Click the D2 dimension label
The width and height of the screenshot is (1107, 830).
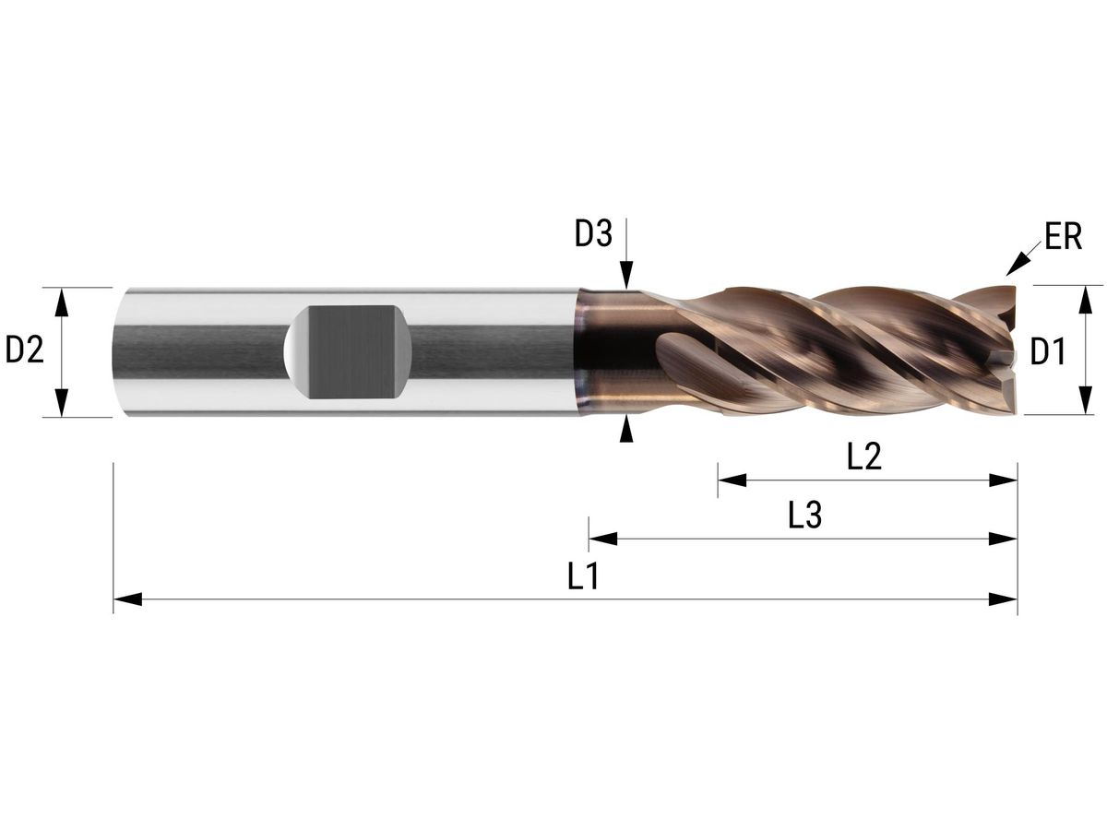point(25,350)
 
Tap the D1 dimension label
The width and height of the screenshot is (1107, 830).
point(1048,351)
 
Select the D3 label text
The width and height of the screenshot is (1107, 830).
point(593,235)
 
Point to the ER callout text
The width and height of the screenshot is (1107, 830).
point(1063,238)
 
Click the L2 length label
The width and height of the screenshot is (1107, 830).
point(864,457)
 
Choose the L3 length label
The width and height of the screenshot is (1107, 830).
point(804,516)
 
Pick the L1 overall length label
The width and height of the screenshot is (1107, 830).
point(583,578)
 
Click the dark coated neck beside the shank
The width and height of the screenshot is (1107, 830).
point(609,351)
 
